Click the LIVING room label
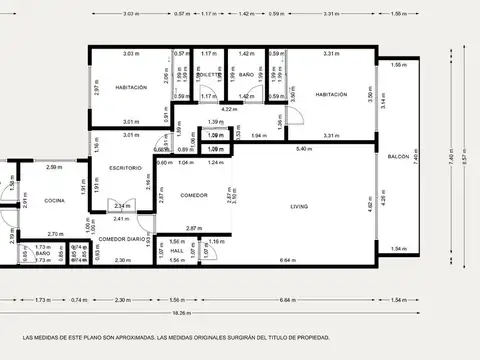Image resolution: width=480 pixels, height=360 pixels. (299, 207)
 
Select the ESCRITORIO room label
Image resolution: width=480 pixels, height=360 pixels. (126, 167)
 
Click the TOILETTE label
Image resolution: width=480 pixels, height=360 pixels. (208, 75)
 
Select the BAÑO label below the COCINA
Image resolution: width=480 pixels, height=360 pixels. (43, 254)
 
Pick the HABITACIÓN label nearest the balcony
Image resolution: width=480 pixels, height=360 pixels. (331, 94)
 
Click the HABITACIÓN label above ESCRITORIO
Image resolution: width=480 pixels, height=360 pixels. (130, 87)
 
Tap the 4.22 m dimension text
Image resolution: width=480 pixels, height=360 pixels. (228, 108)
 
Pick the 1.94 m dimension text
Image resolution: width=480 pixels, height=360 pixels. (256, 135)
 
